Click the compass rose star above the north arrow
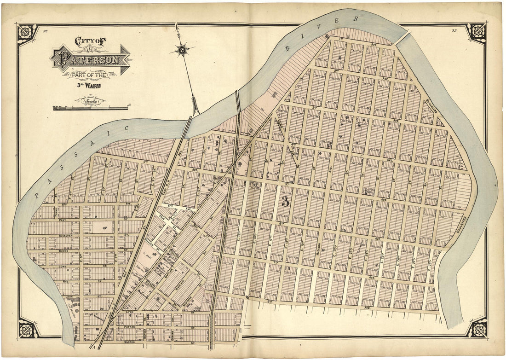[x=182, y=49]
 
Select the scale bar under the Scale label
[x=90, y=109]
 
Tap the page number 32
[x=45, y=31]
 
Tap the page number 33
[x=454, y=31]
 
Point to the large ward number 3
[x=285, y=201]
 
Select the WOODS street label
[x=64, y=251]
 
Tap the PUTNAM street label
[x=130, y=327]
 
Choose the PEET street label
[x=63, y=221]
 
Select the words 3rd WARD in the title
[x=89, y=85]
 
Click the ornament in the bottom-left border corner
[x=28, y=328]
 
